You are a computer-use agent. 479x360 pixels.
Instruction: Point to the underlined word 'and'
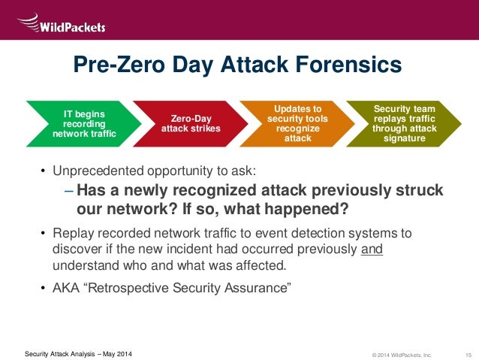click(372, 249)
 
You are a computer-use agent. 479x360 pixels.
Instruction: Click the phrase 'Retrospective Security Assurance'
click(202, 287)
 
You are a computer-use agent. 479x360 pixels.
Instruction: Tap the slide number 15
click(468, 354)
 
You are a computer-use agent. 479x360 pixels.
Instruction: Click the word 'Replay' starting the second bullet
click(72, 232)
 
